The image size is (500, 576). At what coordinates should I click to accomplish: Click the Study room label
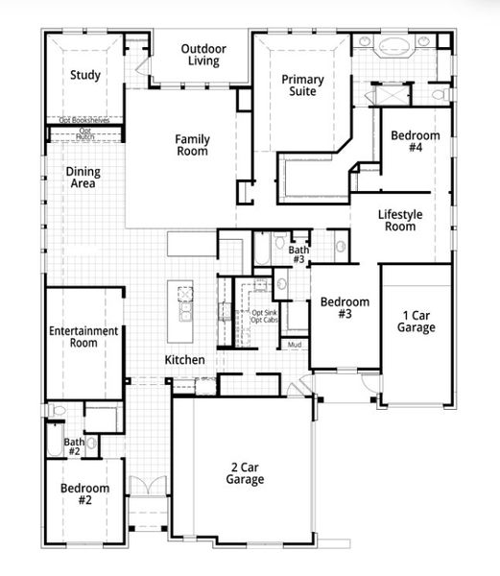point(85,75)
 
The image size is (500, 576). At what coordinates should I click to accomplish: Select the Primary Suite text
point(302,86)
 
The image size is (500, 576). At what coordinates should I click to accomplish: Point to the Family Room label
point(192,145)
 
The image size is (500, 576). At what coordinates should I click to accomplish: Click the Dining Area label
point(83,178)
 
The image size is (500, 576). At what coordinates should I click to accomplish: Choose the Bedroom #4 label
point(416,142)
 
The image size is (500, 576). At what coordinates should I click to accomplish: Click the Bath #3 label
point(298,254)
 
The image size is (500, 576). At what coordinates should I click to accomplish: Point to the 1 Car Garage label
point(417,321)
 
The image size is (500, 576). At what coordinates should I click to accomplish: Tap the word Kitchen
point(184,360)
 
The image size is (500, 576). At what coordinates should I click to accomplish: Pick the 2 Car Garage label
point(246,473)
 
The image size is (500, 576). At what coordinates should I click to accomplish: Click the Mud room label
point(295,345)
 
